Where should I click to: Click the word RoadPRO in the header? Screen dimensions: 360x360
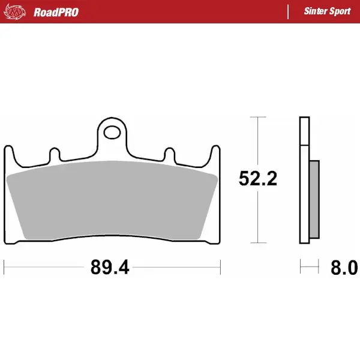(x=56, y=12)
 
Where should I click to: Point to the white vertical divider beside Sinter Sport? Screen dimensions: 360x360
(x=289, y=12)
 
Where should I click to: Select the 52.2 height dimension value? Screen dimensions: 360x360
(x=257, y=179)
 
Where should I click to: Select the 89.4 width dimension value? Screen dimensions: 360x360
(x=110, y=267)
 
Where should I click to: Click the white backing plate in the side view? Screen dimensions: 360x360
(x=304, y=180)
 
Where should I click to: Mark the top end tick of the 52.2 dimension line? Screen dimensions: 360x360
(x=257, y=117)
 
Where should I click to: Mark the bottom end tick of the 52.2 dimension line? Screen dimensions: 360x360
(x=257, y=244)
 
